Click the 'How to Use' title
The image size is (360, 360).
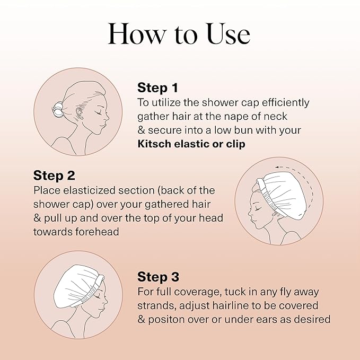pos(179,34)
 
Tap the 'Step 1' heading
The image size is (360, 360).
pos(157,87)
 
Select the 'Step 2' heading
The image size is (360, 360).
pos(54,175)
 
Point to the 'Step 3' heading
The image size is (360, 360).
pos(158,277)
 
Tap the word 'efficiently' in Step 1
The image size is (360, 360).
pos(283,102)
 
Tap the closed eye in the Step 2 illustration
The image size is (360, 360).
pos(257,208)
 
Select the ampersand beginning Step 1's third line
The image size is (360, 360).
pos(141,130)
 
